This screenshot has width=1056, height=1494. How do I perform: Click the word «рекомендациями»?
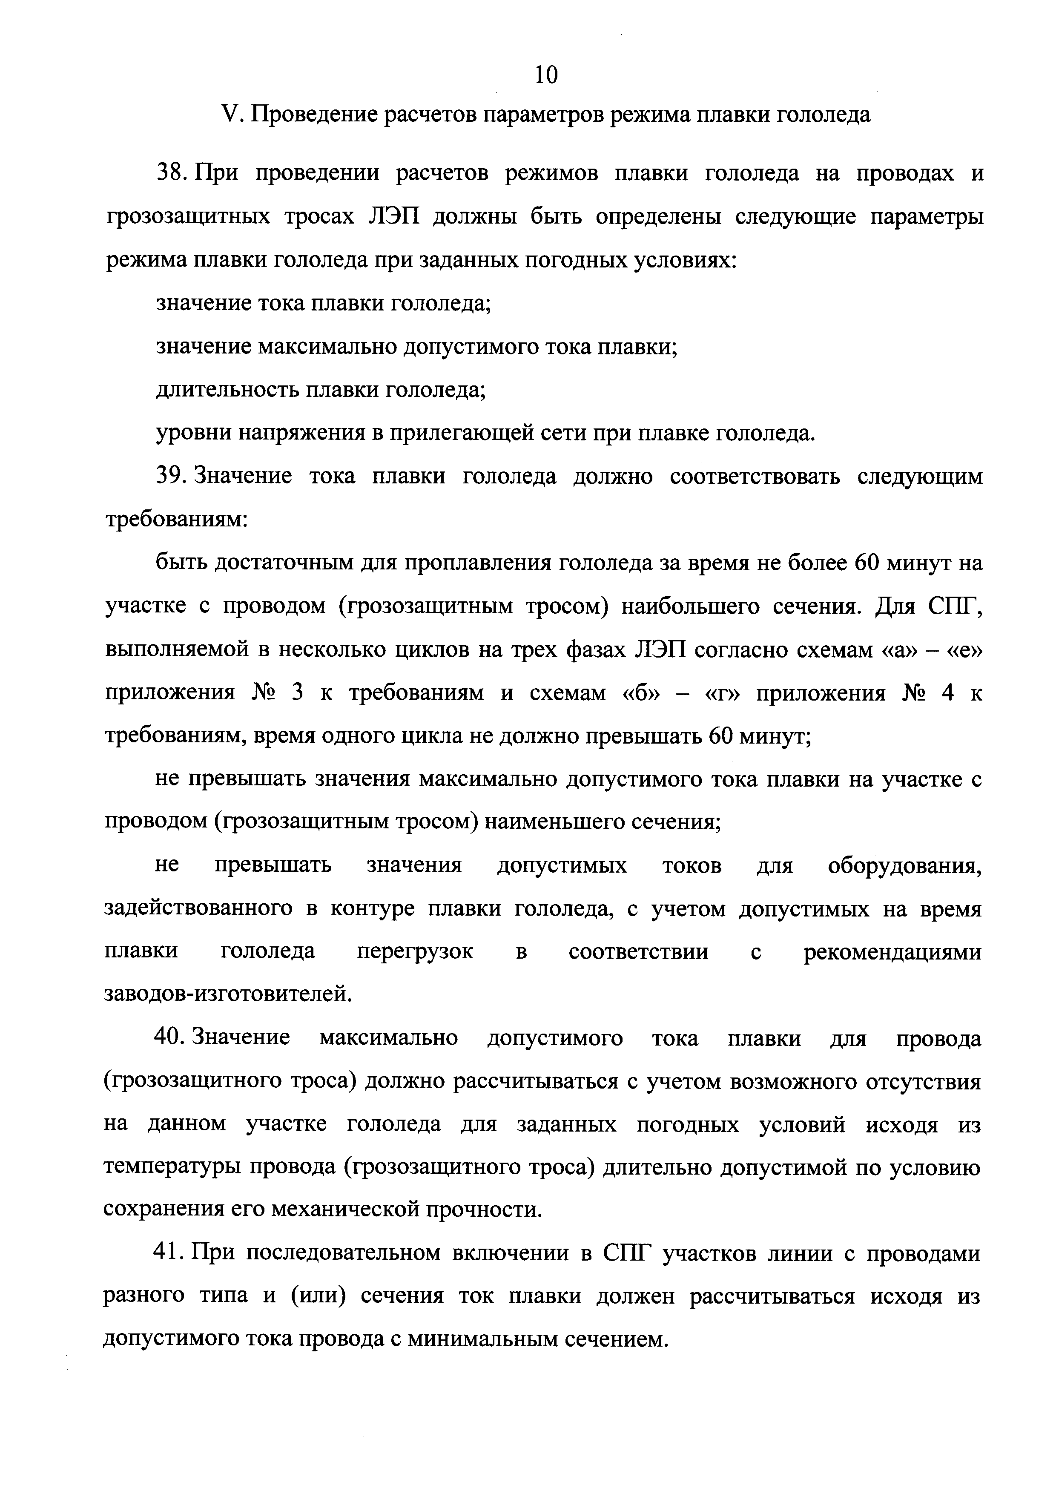pos(892,952)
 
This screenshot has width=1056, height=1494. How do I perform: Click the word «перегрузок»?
pos(415,952)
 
